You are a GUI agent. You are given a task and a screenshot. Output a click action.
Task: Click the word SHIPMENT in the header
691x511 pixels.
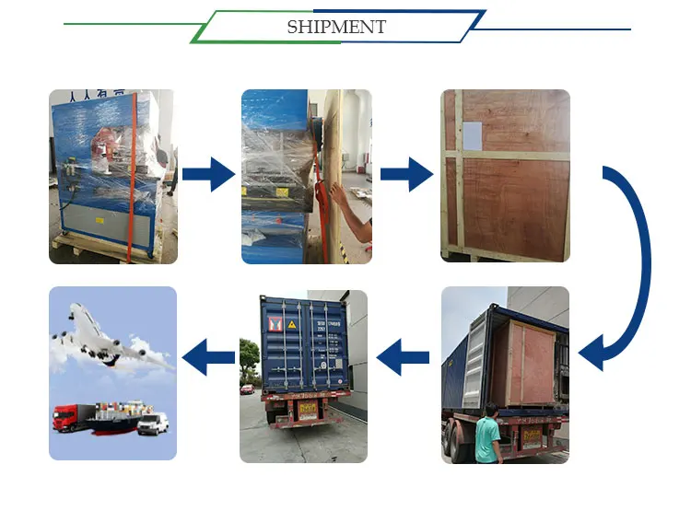(336, 27)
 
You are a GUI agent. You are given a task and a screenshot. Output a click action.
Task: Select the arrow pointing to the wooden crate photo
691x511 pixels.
(406, 173)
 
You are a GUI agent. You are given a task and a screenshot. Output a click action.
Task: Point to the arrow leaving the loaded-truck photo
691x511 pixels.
(404, 355)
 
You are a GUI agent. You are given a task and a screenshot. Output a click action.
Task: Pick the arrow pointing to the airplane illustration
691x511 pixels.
(208, 355)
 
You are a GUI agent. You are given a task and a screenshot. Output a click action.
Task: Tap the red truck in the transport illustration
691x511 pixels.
(70, 419)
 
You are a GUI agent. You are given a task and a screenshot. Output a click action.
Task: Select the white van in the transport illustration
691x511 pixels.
(153, 424)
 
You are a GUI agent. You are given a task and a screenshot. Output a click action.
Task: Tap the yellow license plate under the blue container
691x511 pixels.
(306, 407)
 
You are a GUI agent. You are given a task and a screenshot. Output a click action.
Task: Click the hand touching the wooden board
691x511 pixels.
(337, 196)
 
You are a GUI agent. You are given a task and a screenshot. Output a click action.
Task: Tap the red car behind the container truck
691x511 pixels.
(247, 389)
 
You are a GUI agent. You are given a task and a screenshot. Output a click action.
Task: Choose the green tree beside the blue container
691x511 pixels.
(249, 354)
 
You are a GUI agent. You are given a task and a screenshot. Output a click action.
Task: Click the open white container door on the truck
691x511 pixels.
(472, 360)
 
